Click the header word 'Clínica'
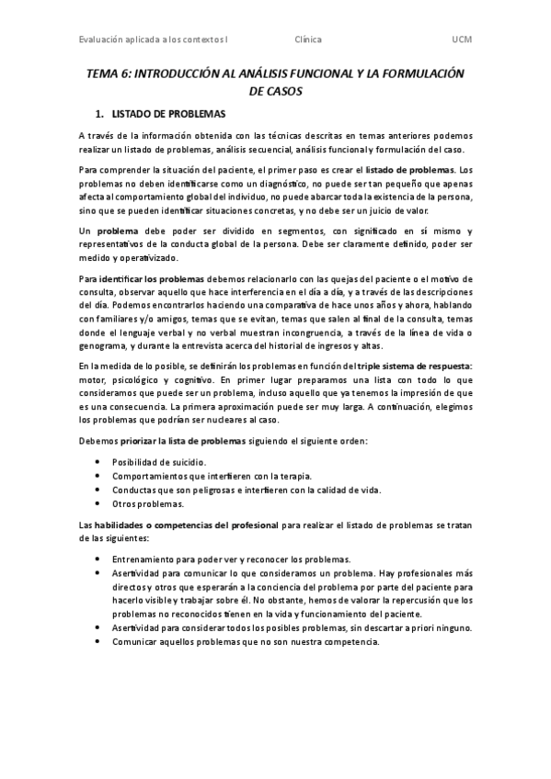click(x=307, y=40)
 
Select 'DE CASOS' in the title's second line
click(x=275, y=92)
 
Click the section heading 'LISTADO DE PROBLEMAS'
click(x=168, y=114)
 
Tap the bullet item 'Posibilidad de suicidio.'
click(x=159, y=461)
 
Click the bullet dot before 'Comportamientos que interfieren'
click(x=98, y=476)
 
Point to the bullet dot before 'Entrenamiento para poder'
click(x=98, y=559)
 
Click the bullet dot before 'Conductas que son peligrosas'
click(x=98, y=490)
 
